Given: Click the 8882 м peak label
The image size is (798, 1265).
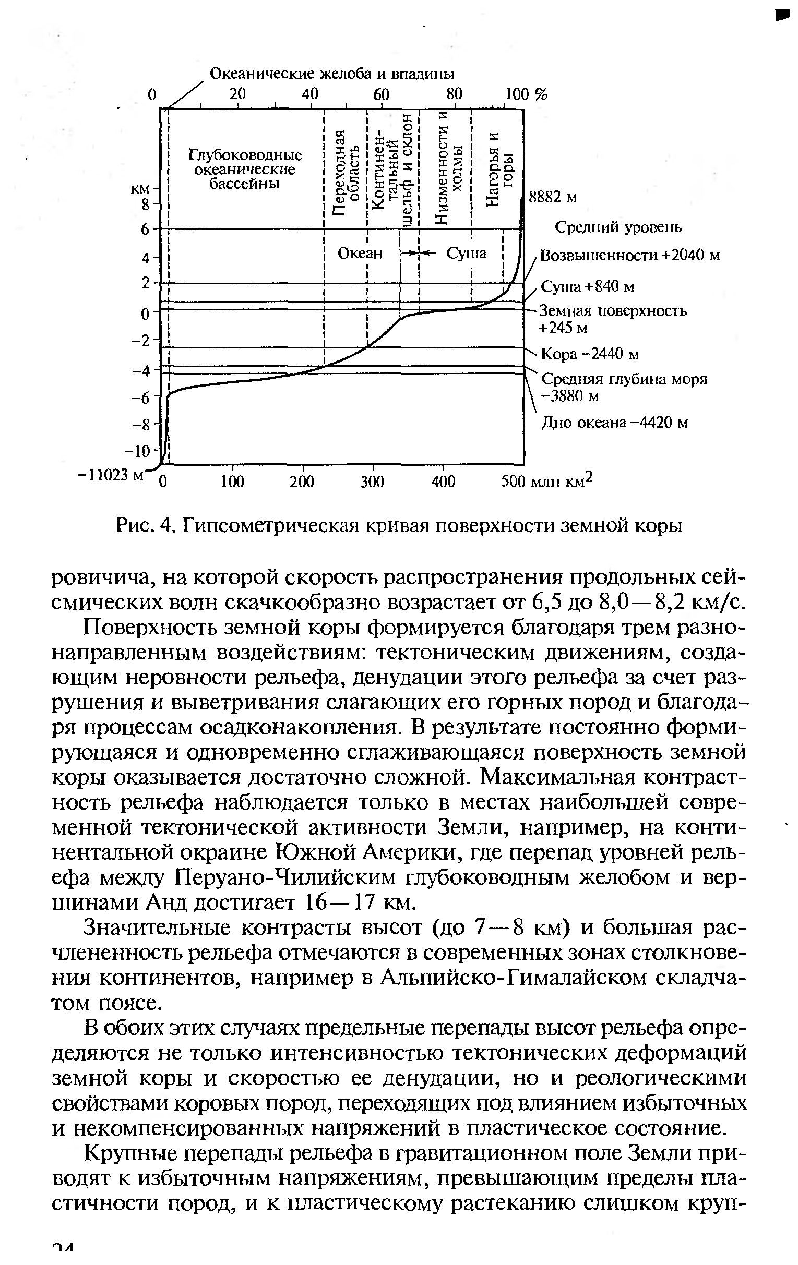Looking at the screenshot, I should tap(553, 198).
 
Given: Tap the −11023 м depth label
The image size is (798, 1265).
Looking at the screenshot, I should tap(110, 474).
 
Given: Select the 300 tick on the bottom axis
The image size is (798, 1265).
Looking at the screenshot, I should tap(372, 481).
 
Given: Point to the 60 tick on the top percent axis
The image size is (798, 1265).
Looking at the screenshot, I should tap(380, 94).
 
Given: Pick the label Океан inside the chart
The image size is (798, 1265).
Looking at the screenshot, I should tap(360, 254).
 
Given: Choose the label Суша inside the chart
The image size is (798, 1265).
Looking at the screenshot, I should tap(466, 254).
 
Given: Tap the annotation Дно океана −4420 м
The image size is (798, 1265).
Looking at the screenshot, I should tap(614, 423).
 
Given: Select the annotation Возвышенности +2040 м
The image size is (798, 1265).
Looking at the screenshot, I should tap(630, 256).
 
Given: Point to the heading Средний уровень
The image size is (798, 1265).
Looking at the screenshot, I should tap(618, 227).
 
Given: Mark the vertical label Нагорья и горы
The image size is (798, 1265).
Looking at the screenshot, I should tap(499, 171).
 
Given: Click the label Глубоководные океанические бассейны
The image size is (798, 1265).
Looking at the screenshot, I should tap(245, 170).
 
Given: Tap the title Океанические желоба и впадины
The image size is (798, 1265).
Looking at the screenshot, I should tap(332, 74).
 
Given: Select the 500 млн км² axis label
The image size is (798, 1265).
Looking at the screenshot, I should tap(547, 480).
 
